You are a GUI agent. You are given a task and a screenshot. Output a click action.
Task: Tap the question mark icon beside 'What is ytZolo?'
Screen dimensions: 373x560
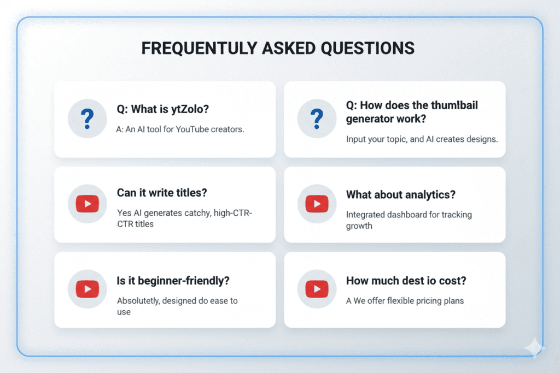(x=86, y=119)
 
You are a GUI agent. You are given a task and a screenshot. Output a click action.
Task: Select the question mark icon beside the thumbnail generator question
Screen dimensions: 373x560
(x=316, y=119)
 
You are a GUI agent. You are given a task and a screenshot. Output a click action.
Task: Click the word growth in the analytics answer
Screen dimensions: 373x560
(x=359, y=225)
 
